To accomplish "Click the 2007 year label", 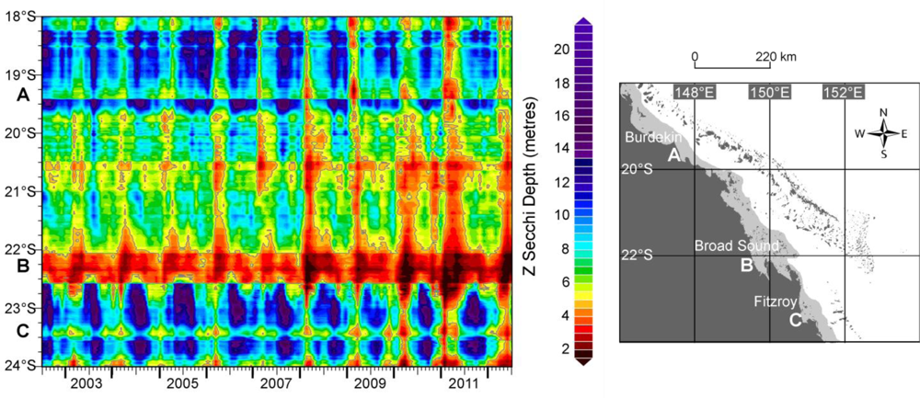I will [x=275, y=382].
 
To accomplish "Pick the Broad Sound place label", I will [x=736, y=246].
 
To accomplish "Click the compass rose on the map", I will [x=882, y=133].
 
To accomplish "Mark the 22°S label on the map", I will [x=643, y=255].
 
